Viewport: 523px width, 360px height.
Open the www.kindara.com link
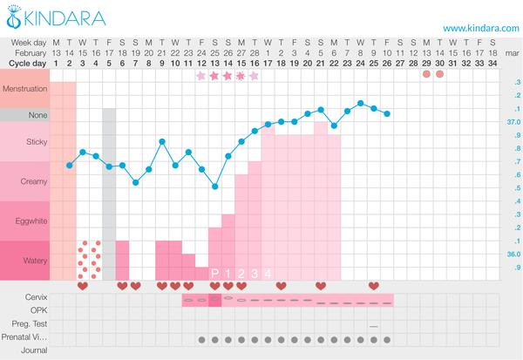tap(479, 28)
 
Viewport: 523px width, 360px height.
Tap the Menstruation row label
tap(26, 89)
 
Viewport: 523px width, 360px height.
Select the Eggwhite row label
tap(26, 222)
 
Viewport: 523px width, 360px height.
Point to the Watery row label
tap(26, 261)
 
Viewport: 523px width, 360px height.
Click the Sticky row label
tap(26, 141)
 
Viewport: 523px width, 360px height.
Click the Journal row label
tap(19, 350)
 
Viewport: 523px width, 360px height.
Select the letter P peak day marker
tap(214, 274)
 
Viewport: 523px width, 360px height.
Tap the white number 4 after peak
tap(268, 274)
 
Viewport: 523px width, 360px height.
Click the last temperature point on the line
tap(387, 113)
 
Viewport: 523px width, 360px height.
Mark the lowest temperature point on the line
tap(214, 186)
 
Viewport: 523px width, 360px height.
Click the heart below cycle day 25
tap(374, 285)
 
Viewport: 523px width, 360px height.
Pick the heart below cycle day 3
tap(83, 285)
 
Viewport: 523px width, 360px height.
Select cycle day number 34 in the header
tap(493, 64)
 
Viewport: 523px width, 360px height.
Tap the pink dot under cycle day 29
tap(426, 74)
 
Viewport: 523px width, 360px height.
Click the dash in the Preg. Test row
tap(374, 325)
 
